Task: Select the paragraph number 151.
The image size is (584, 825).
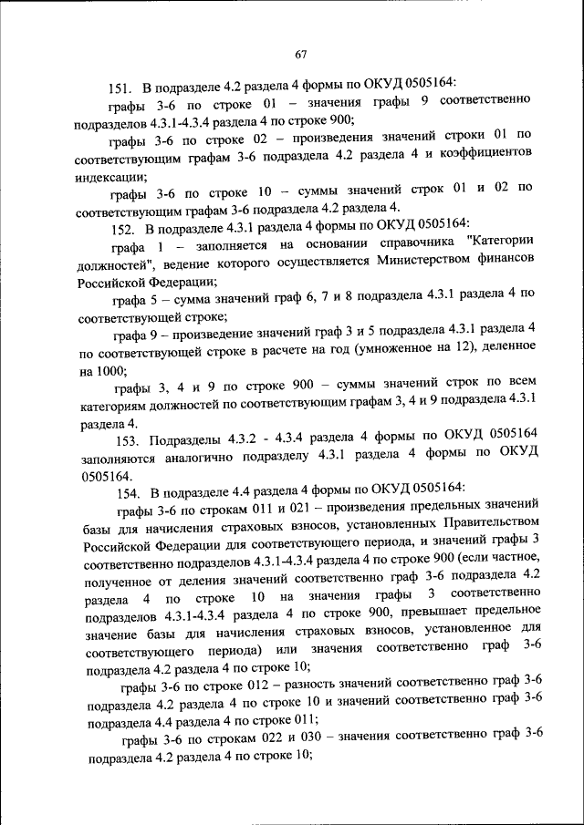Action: [121, 88]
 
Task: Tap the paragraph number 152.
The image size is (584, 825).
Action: [121, 223]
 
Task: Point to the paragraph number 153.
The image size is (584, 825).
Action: [122, 441]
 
